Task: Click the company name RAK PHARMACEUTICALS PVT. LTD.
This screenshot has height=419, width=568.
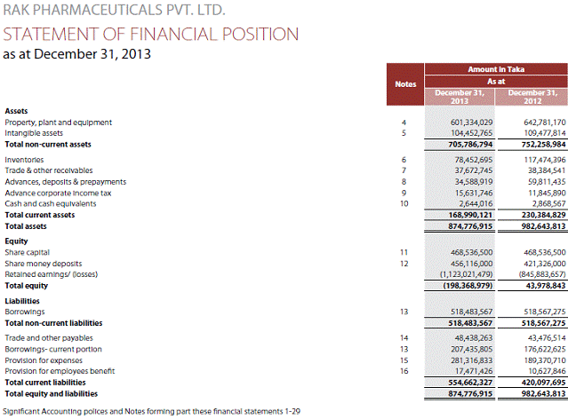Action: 115,12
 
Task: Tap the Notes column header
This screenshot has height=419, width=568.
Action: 404,84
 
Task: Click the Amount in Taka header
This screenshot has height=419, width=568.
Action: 495,67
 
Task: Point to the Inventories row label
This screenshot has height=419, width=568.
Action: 25,159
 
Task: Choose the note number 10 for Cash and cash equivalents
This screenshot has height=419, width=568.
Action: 404,203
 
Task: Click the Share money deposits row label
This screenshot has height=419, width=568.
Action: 44,264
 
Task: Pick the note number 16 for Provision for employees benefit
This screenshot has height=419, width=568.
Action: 404,372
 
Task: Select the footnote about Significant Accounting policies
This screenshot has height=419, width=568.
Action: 151,411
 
